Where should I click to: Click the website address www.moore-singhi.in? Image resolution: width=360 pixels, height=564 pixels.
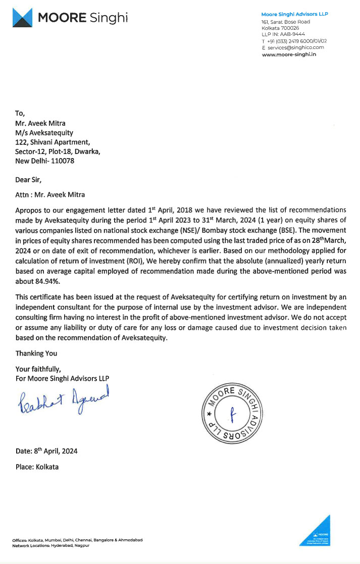tap(289, 54)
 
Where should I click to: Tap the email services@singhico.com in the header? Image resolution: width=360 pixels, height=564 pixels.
tap(295, 47)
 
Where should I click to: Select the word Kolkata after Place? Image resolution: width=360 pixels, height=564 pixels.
tap(47, 467)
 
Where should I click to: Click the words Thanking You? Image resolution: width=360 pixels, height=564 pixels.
tap(36, 353)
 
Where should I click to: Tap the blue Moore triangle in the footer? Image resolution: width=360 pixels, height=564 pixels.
tap(319, 532)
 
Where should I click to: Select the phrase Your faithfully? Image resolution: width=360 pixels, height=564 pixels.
tap(38, 369)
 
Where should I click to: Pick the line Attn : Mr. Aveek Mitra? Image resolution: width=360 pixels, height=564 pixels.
tap(49, 194)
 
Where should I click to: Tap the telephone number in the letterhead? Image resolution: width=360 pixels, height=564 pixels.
tap(298, 41)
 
